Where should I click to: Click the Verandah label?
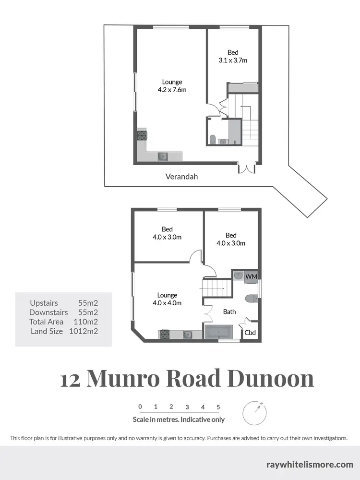tap(181, 177)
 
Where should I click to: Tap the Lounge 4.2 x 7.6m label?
tap(172, 86)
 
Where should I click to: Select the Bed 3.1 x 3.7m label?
tap(233, 57)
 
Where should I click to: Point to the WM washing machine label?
tap(251, 276)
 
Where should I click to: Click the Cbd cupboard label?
tap(250, 332)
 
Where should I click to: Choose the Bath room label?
tap(229, 312)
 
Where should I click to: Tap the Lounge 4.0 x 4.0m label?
tap(167, 299)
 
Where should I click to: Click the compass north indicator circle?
tap(254, 411)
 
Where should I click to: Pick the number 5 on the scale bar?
tap(218, 407)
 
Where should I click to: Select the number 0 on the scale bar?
tap(140, 407)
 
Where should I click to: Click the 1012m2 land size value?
tap(84, 331)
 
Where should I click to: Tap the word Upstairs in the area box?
tap(44, 303)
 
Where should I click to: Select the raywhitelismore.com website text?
tap(310, 464)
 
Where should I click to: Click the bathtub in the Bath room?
tap(218, 332)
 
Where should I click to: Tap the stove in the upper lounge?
tap(142, 135)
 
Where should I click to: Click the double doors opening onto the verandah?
tap(246, 168)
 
